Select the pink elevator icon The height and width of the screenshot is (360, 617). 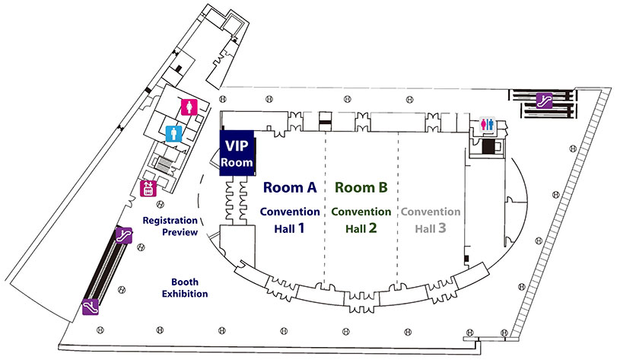149,188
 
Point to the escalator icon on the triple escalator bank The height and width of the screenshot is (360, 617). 544,100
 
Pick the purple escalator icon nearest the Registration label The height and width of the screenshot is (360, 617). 123,236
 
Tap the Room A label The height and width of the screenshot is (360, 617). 289,187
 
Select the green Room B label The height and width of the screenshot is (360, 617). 361,187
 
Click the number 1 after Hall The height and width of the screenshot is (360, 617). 301,226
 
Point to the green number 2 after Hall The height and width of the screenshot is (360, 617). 373,226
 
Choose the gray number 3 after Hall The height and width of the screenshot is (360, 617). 442,226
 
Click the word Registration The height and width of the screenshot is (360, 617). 171,221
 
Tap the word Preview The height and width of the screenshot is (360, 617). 180,232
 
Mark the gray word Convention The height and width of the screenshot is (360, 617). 431,212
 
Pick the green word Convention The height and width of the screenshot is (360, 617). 361,212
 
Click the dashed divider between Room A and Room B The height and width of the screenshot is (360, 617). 326,251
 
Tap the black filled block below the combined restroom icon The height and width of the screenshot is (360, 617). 487,145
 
